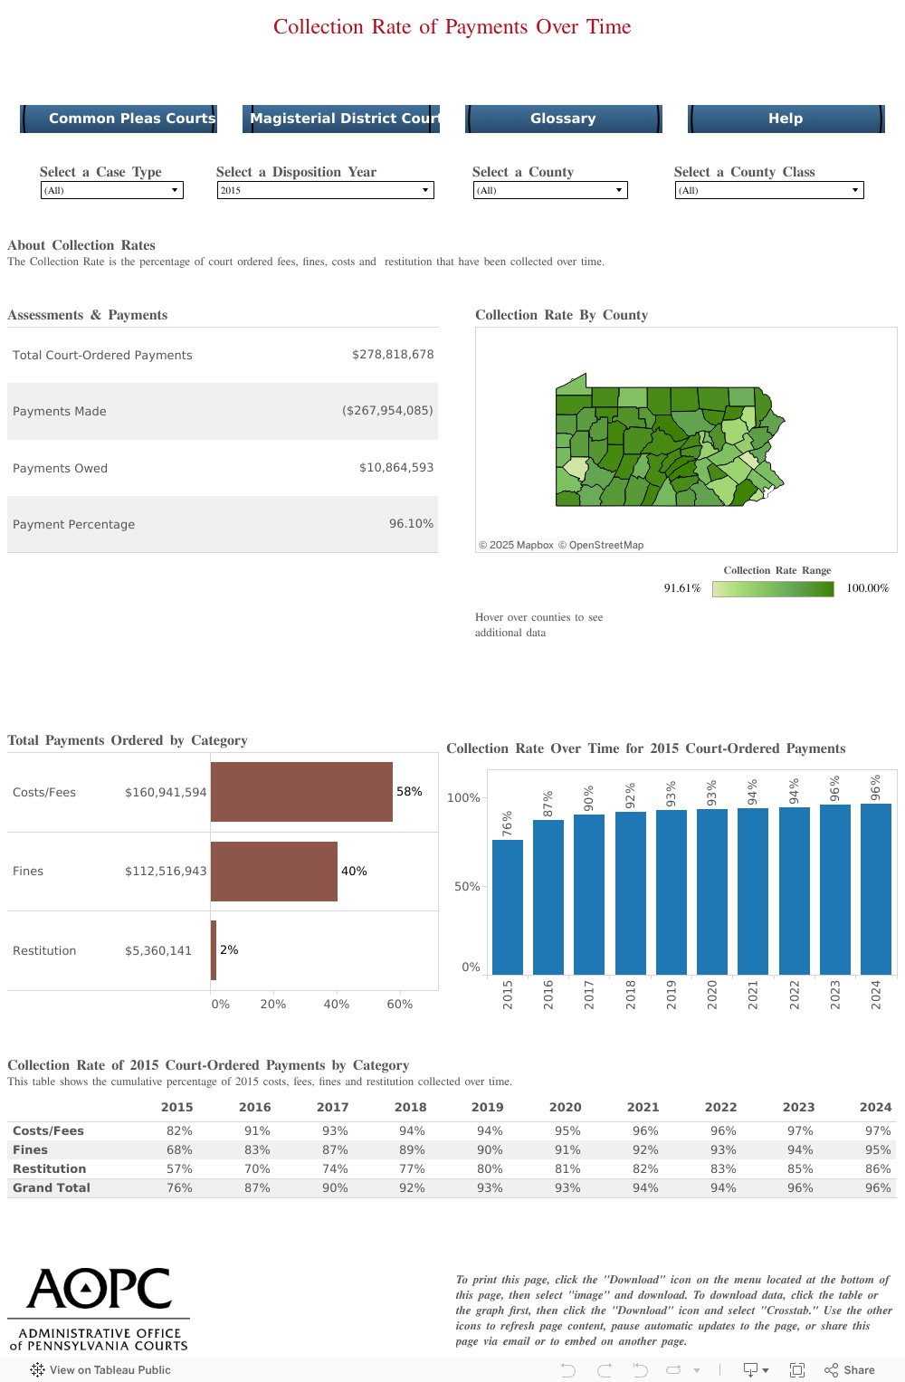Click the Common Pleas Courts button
(x=119, y=119)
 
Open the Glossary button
(x=563, y=119)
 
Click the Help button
(x=786, y=119)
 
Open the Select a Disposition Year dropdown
(x=325, y=190)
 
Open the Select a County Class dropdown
(x=769, y=190)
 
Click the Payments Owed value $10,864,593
(x=396, y=468)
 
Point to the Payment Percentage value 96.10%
(x=411, y=524)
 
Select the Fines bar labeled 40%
(x=274, y=872)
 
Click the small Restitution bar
(x=214, y=950)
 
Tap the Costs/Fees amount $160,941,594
(x=166, y=792)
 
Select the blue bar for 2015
(x=508, y=907)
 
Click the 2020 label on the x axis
(x=712, y=994)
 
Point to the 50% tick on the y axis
(x=467, y=886)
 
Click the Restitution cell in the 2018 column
(x=412, y=1168)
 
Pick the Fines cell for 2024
(x=877, y=1149)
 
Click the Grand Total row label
(x=52, y=1187)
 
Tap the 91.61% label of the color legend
(x=682, y=588)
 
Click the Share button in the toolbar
(x=850, y=1370)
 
